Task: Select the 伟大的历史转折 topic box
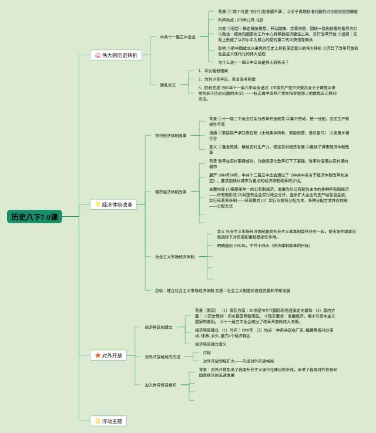click(x=116, y=55)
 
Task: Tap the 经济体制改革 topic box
click(x=115, y=204)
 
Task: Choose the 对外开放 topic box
click(x=108, y=355)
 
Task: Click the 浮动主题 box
click(x=109, y=421)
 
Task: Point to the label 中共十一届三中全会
click(x=178, y=36)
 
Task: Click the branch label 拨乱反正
click(x=168, y=84)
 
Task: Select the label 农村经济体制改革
click(x=170, y=135)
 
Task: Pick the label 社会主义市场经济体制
click(x=175, y=256)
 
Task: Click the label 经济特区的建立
click(x=158, y=327)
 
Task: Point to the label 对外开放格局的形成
click(x=162, y=357)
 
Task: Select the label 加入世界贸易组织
click(x=160, y=385)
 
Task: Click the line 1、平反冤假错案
click(x=215, y=71)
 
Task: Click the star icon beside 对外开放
click(x=98, y=355)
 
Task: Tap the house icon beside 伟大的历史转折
click(x=98, y=55)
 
